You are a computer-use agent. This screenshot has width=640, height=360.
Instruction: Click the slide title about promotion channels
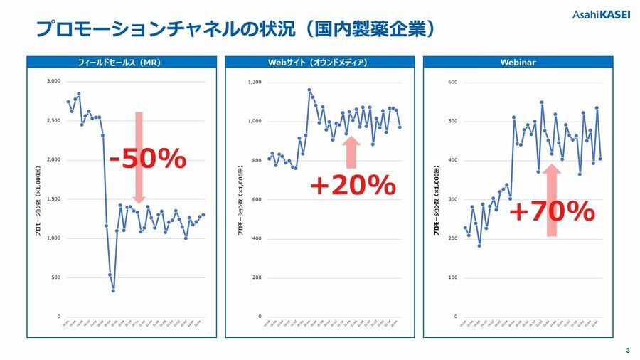coord(235,29)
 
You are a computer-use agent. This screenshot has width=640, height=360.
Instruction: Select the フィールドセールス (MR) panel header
coord(119,63)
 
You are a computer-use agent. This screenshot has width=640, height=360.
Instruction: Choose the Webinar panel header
coord(518,63)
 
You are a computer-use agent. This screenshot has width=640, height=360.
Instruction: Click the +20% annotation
coord(352,186)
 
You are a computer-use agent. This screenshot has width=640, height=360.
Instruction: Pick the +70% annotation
coord(551,211)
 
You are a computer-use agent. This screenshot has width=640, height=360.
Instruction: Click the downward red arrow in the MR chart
coord(139,157)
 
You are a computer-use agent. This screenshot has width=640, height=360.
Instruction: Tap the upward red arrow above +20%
coord(352,152)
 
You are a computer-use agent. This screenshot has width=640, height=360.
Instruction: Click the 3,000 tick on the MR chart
coord(54,82)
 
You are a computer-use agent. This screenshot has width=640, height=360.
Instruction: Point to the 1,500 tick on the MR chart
coord(54,199)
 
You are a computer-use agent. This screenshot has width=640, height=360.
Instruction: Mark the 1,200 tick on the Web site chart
coord(255,83)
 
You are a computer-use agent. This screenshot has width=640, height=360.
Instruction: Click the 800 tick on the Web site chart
coord(256,161)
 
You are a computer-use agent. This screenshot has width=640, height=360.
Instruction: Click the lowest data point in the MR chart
coord(113,290)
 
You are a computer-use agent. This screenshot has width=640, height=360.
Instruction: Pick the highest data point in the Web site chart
coord(309,90)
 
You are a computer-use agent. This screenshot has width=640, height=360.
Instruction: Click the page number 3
coord(627,350)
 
